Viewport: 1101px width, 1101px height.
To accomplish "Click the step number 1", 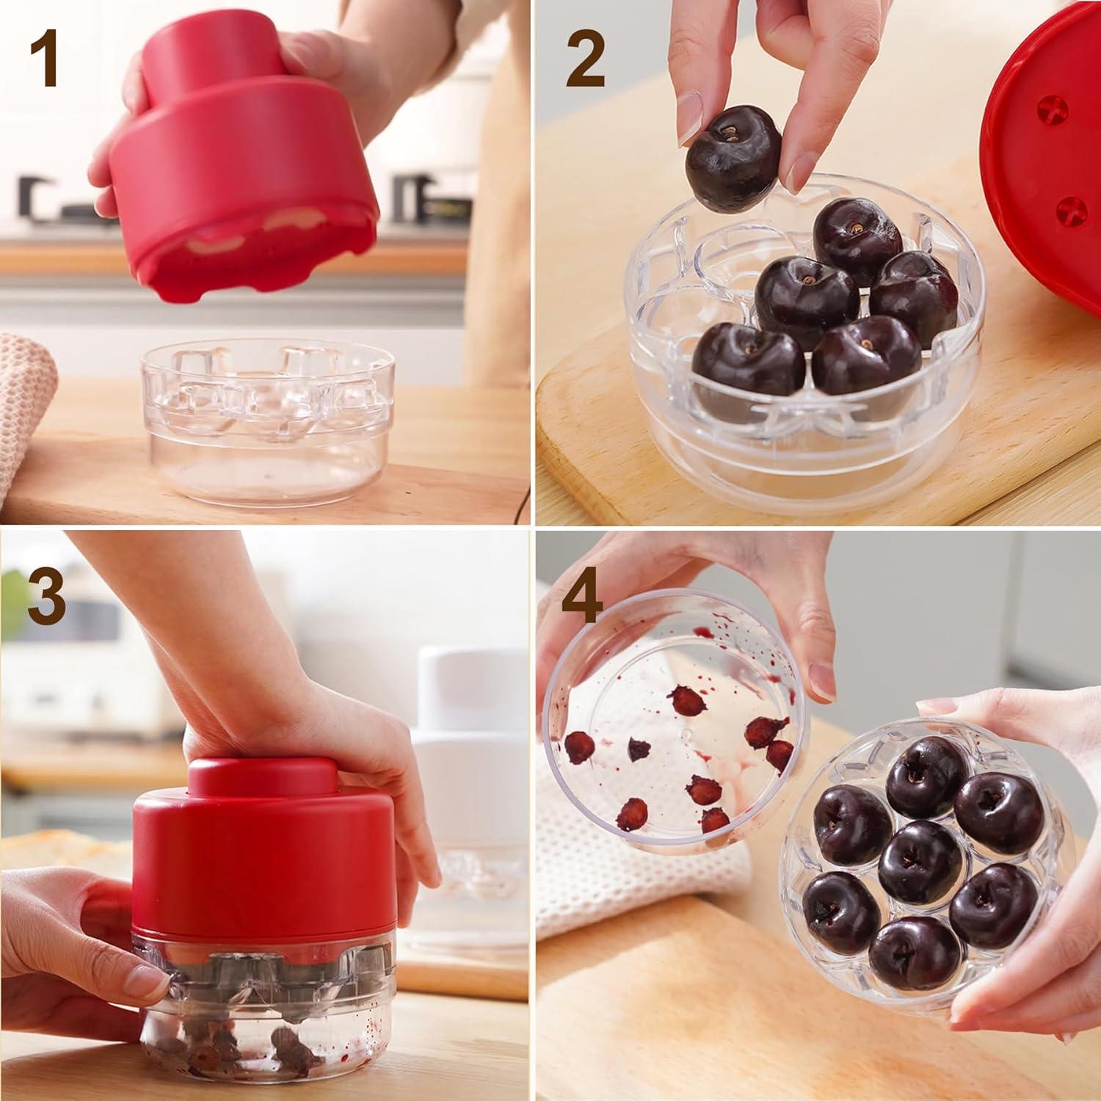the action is tap(44, 62).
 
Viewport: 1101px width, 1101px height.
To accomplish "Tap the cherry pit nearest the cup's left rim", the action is tap(579, 748).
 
